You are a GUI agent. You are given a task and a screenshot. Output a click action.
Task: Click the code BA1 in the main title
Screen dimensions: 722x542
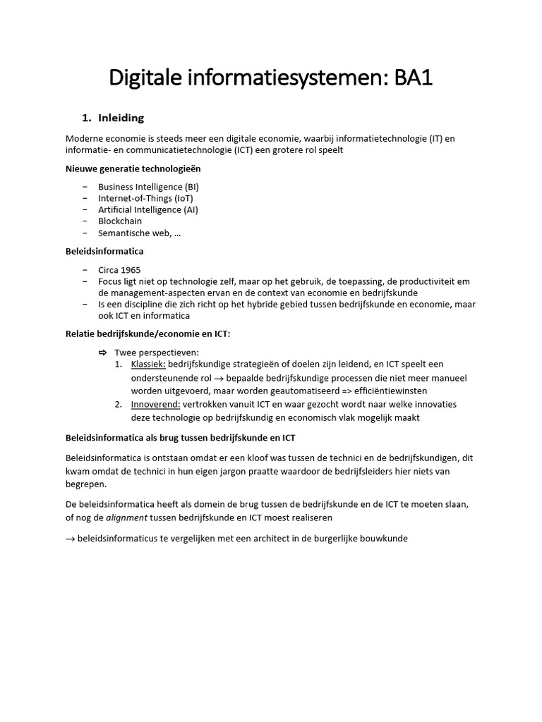[x=413, y=78]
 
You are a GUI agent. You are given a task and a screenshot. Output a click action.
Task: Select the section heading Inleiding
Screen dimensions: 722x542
[x=121, y=118]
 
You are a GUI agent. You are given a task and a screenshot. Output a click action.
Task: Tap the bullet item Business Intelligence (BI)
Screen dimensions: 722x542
[x=148, y=187]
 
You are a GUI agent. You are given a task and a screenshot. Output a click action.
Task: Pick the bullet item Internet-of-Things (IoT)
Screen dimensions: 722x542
[x=145, y=198]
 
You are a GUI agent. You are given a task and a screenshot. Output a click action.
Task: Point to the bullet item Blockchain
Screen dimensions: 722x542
[x=120, y=221]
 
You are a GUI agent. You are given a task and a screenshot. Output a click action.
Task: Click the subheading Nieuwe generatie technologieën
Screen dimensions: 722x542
[x=136, y=169]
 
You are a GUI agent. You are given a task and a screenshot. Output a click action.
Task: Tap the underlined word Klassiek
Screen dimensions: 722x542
[x=148, y=364]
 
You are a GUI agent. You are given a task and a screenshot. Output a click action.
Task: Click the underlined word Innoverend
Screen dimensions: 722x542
[x=155, y=404]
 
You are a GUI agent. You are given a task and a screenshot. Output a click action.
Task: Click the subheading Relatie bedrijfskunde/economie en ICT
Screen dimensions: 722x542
[x=147, y=333]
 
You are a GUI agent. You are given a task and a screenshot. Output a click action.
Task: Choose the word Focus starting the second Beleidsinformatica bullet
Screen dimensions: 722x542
[x=111, y=281]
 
